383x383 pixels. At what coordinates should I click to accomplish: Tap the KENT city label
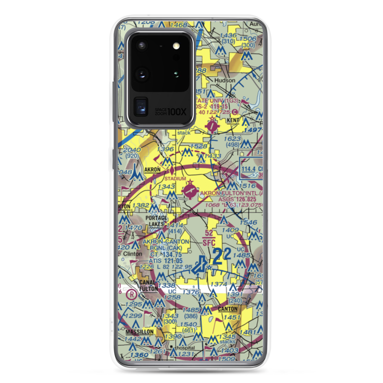click(x=232, y=120)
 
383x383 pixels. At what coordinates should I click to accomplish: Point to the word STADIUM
click(x=175, y=178)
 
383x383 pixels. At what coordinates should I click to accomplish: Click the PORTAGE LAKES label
click(x=156, y=221)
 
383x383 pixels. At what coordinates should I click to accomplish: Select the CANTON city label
click(x=228, y=309)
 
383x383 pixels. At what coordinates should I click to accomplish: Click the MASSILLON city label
click(x=139, y=332)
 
